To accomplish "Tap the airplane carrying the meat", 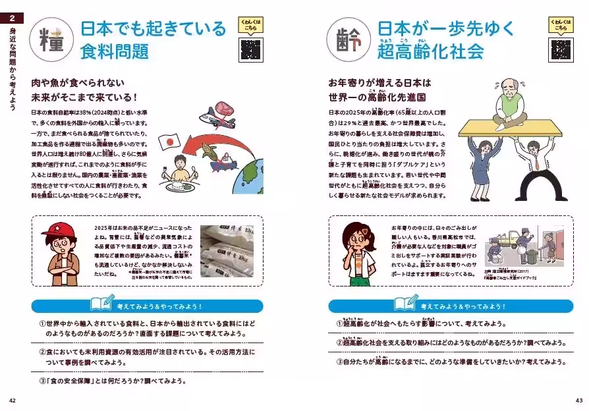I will point(222,119).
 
